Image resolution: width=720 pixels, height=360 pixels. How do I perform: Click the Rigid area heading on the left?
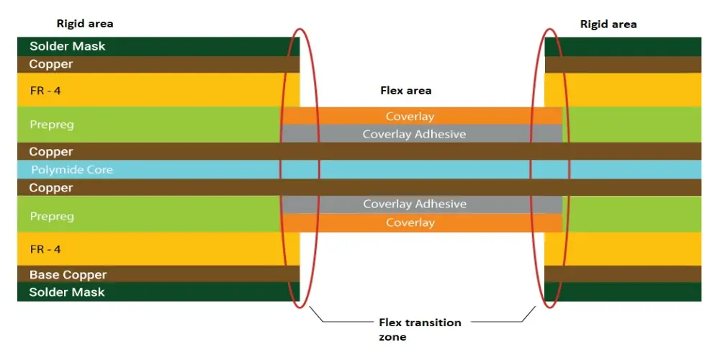click(85, 24)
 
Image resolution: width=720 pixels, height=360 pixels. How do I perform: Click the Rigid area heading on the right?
click(608, 24)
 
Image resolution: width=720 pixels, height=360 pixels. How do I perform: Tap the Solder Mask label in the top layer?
click(68, 46)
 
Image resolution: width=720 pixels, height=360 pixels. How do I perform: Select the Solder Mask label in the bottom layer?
click(67, 292)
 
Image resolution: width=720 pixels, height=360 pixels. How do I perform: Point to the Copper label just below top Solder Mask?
click(51, 64)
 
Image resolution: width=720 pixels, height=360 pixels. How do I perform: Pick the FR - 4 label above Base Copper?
click(45, 249)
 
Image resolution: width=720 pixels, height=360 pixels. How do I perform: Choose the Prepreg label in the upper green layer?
click(52, 125)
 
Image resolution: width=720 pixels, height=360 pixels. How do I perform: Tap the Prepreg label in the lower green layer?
click(52, 216)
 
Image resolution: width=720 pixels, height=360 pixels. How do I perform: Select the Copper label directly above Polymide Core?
click(51, 152)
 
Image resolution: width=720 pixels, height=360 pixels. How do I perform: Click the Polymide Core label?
click(72, 170)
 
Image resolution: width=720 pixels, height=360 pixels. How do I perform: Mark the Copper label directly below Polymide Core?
click(51, 188)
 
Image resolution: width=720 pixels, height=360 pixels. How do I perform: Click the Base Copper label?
click(68, 274)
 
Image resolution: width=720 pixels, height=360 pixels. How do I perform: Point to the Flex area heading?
click(405, 91)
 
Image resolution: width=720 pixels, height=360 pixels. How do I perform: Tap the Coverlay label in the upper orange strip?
click(410, 116)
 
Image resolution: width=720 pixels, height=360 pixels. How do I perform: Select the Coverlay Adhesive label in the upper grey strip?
click(414, 134)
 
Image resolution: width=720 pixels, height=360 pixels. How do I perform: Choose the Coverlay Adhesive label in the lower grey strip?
click(415, 204)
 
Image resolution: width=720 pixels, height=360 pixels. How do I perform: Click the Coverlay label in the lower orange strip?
click(410, 222)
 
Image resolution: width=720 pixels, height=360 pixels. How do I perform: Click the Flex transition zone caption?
click(420, 329)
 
